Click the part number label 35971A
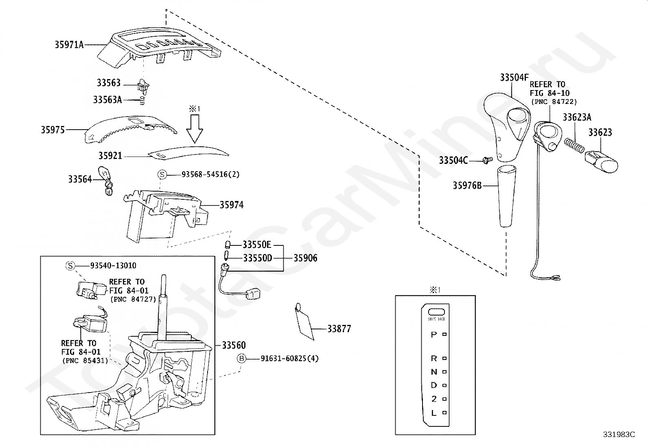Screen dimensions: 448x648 coord(69,44)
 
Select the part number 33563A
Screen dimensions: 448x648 coord(107,99)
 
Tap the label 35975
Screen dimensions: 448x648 coord(53,130)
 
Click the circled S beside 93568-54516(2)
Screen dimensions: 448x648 coord(162,174)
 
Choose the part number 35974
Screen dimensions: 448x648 coord(231,205)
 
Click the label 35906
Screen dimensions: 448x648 coord(305,258)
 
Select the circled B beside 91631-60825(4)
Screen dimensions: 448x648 coord(242,358)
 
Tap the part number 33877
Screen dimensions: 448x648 coord(339,329)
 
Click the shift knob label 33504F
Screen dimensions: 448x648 coord(514,77)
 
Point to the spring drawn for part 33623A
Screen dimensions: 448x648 coord(574,144)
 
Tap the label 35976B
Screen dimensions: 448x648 coord(467,186)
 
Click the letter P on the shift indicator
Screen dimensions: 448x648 coord(434,335)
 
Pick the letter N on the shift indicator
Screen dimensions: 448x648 coord(434,372)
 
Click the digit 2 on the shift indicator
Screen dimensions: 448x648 coord(434,399)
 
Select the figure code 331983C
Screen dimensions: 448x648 coord(619,435)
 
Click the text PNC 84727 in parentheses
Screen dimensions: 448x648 coord(133,299)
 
